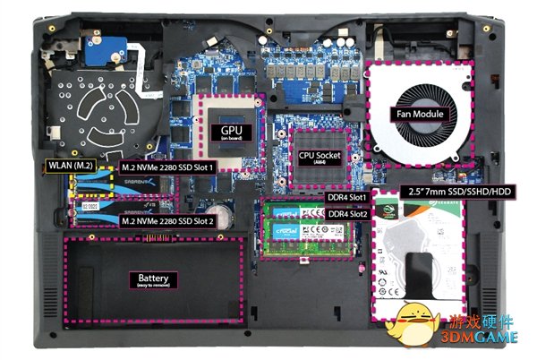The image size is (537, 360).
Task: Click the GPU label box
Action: pos(232,131)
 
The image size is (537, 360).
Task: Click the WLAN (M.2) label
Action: pos(69,167)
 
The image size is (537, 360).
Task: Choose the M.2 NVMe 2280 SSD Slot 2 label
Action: pos(167,221)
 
